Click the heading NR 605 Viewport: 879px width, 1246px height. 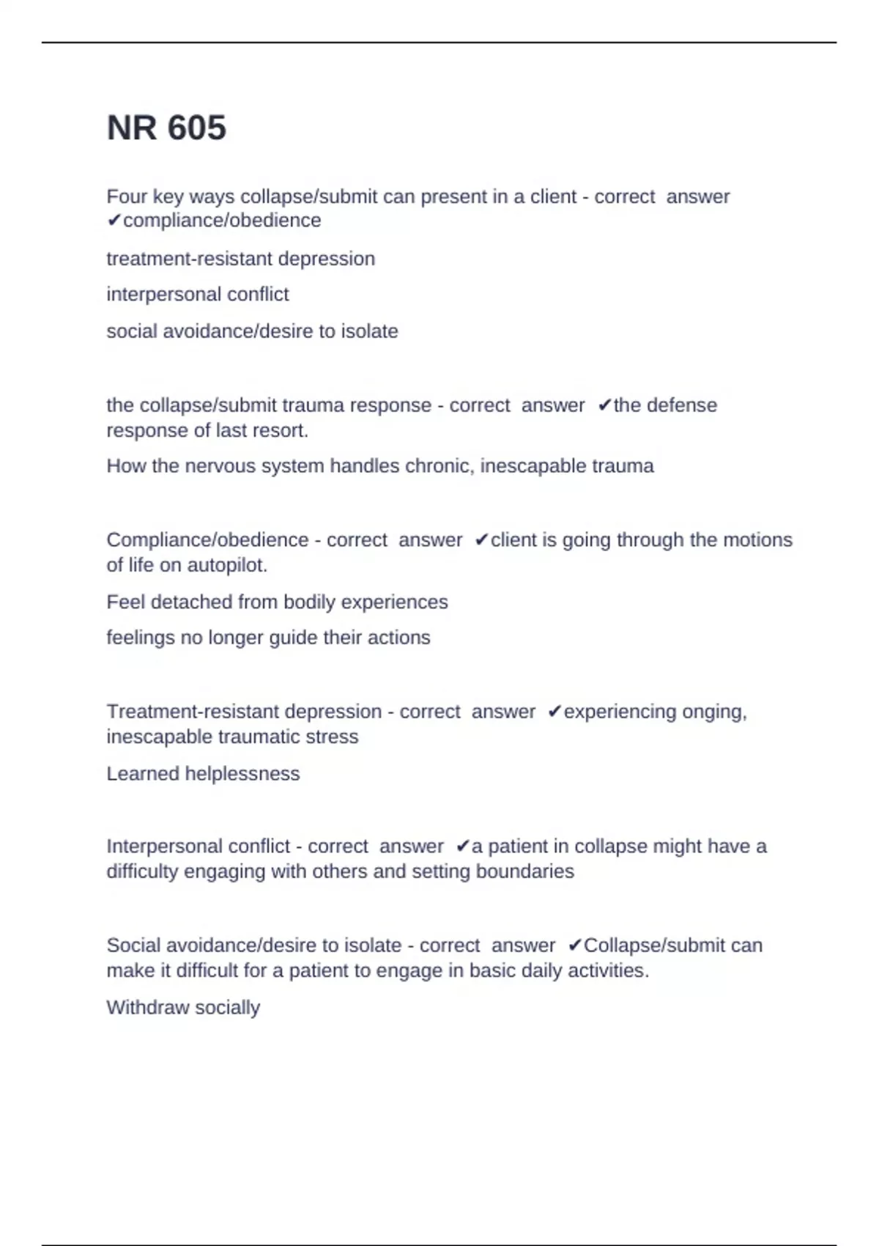click(166, 128)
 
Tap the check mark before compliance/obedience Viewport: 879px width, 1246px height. click(114, 221)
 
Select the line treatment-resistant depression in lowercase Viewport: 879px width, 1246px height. click(240, 259)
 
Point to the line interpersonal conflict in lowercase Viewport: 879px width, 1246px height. click(198, 295)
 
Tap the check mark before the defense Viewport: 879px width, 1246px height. click(604, 405)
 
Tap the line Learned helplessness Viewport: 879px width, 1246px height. click(203, 774)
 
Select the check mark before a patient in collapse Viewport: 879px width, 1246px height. click(462, 847)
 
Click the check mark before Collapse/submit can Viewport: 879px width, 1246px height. click(574, 945)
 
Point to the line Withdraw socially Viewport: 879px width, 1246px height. click(183, 1008)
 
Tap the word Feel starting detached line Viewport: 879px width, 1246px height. click(125, 602)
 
